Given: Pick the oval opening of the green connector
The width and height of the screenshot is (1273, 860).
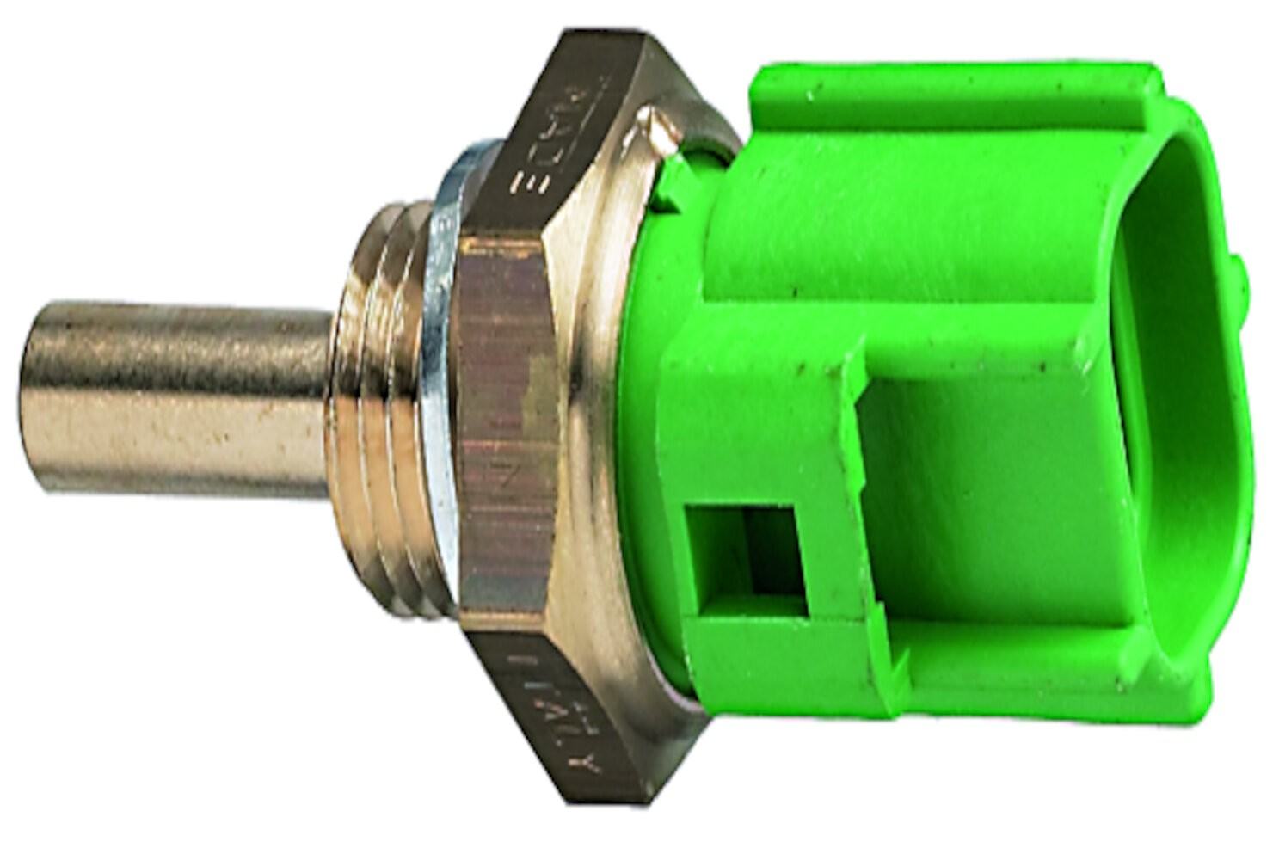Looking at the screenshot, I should pos(1178,404).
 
